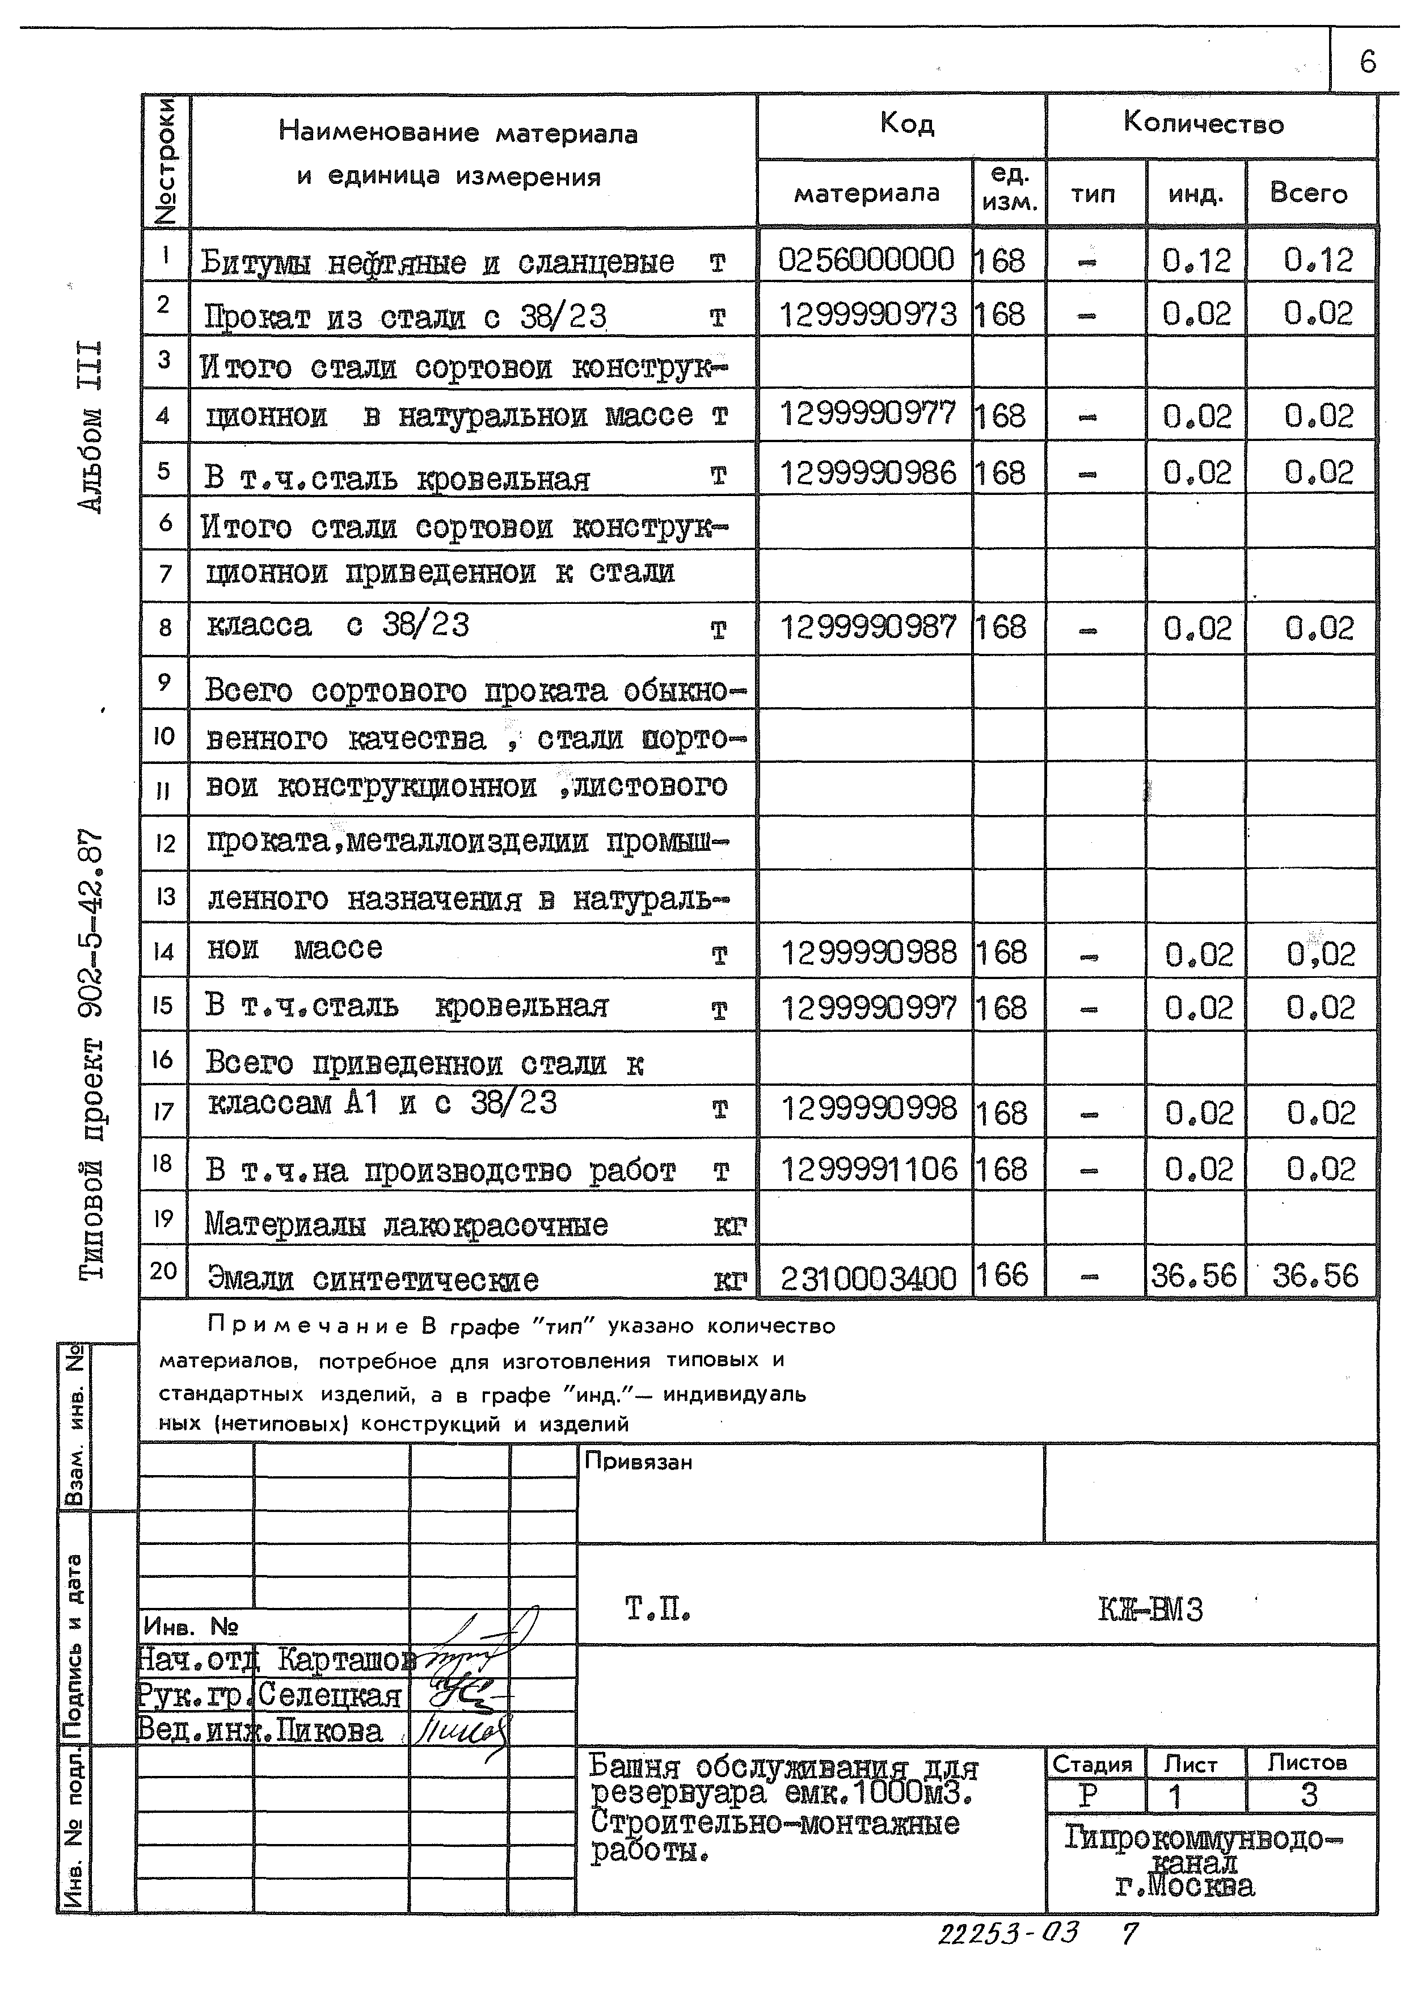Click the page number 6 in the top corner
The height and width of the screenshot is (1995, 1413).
pos(1367,62)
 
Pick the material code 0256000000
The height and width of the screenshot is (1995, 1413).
pos(865,259)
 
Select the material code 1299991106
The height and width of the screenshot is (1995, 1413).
pos(867,1169)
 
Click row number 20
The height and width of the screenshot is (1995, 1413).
pos(163,1271)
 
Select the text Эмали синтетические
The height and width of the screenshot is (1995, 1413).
pos(372,1279)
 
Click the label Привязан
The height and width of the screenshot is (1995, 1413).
pos(638,1461)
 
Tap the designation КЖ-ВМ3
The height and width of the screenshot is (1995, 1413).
pos(1150,1610)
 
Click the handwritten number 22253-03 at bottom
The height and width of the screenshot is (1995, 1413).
pos(1007,1934)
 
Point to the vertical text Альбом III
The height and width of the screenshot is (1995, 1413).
pos(91,426)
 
